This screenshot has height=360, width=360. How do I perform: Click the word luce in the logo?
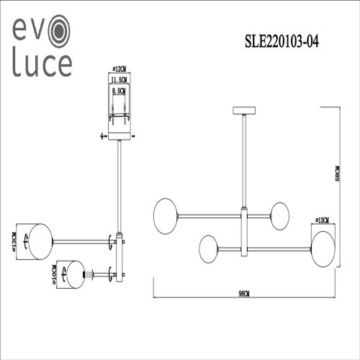[x=40, y=66]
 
